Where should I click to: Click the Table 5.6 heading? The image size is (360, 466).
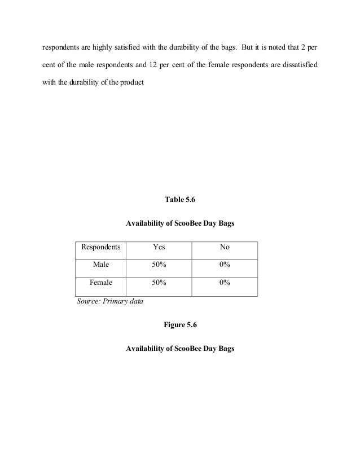point(179,200)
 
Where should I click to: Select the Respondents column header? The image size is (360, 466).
point(102,248)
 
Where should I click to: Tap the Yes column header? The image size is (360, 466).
point(159,248)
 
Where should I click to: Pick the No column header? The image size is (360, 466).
point(225,248)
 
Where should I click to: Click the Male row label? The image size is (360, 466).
point(102,265)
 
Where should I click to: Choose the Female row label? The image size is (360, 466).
point(102,283)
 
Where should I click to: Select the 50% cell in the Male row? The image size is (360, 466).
point(159,265)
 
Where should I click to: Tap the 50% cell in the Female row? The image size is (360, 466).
point(159,283)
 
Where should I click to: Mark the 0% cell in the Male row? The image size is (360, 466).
point(225,265)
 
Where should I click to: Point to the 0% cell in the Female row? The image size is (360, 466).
point(225,283)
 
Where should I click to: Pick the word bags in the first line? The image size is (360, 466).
point(229,43)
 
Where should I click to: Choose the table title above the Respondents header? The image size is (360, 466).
point(179,224)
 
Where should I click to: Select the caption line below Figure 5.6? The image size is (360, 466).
point(179,349)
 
